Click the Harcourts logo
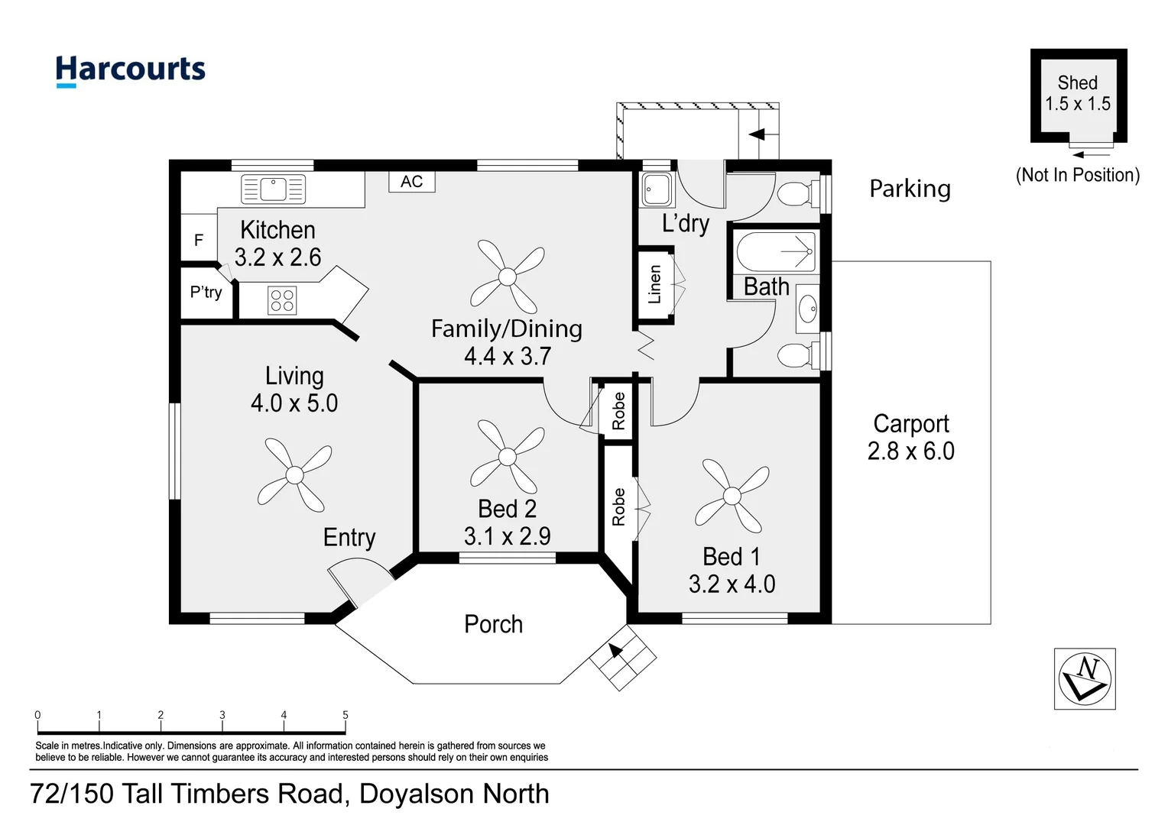click(x=130, y=70)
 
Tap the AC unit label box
click(x=411, y=181)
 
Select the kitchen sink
click(x=273, y=189)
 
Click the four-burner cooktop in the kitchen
click(x=282, y=300)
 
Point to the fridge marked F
click(x=199, y=240)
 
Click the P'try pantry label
click(x=206, y=293)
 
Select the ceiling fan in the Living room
click(x=294, y=475)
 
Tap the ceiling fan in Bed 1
click(x=732, y=497)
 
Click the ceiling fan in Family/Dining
click(x=508, y=277)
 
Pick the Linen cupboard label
click(x=654, y=285)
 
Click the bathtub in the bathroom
click(x=775, y=251)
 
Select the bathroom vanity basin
click(x=808, y=309)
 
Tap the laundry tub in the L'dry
click(x=657, y=189)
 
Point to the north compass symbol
click(x=1085, y=678)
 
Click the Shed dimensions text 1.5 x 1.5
click(x=1078, y=104)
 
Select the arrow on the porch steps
click(x=615, y=650)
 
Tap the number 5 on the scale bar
click(x=345, y=715)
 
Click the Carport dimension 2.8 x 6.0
click(x=910, y=451)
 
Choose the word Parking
click(x=910, y=189)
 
